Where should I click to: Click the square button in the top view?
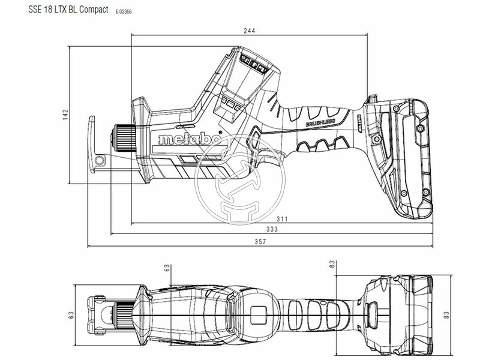(260, 313)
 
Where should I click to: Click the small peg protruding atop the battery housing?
(370, 98)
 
